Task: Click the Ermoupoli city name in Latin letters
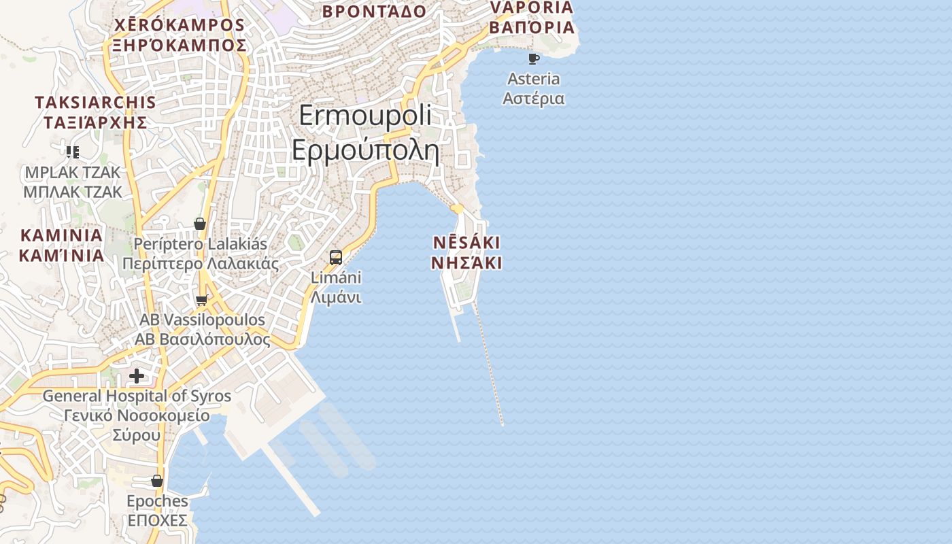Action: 365,115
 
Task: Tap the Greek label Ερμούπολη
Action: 365,150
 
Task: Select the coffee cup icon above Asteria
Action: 534,59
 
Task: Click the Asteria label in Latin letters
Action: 534,79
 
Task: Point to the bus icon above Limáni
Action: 336,258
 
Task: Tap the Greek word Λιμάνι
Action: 336,297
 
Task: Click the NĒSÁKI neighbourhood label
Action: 466,243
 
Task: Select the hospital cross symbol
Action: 137,376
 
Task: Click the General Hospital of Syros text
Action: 137,396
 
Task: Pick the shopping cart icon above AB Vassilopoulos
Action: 201,300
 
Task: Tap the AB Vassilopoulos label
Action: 202,320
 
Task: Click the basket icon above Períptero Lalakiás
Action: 200,224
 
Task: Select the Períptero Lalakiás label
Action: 201,243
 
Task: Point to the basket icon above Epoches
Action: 157,481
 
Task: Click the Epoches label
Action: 157,501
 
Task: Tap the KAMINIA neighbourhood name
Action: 61,236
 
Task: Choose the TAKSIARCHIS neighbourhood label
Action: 95,103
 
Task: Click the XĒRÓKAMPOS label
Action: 180,25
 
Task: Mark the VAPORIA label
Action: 532,7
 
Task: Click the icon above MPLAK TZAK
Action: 73,152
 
